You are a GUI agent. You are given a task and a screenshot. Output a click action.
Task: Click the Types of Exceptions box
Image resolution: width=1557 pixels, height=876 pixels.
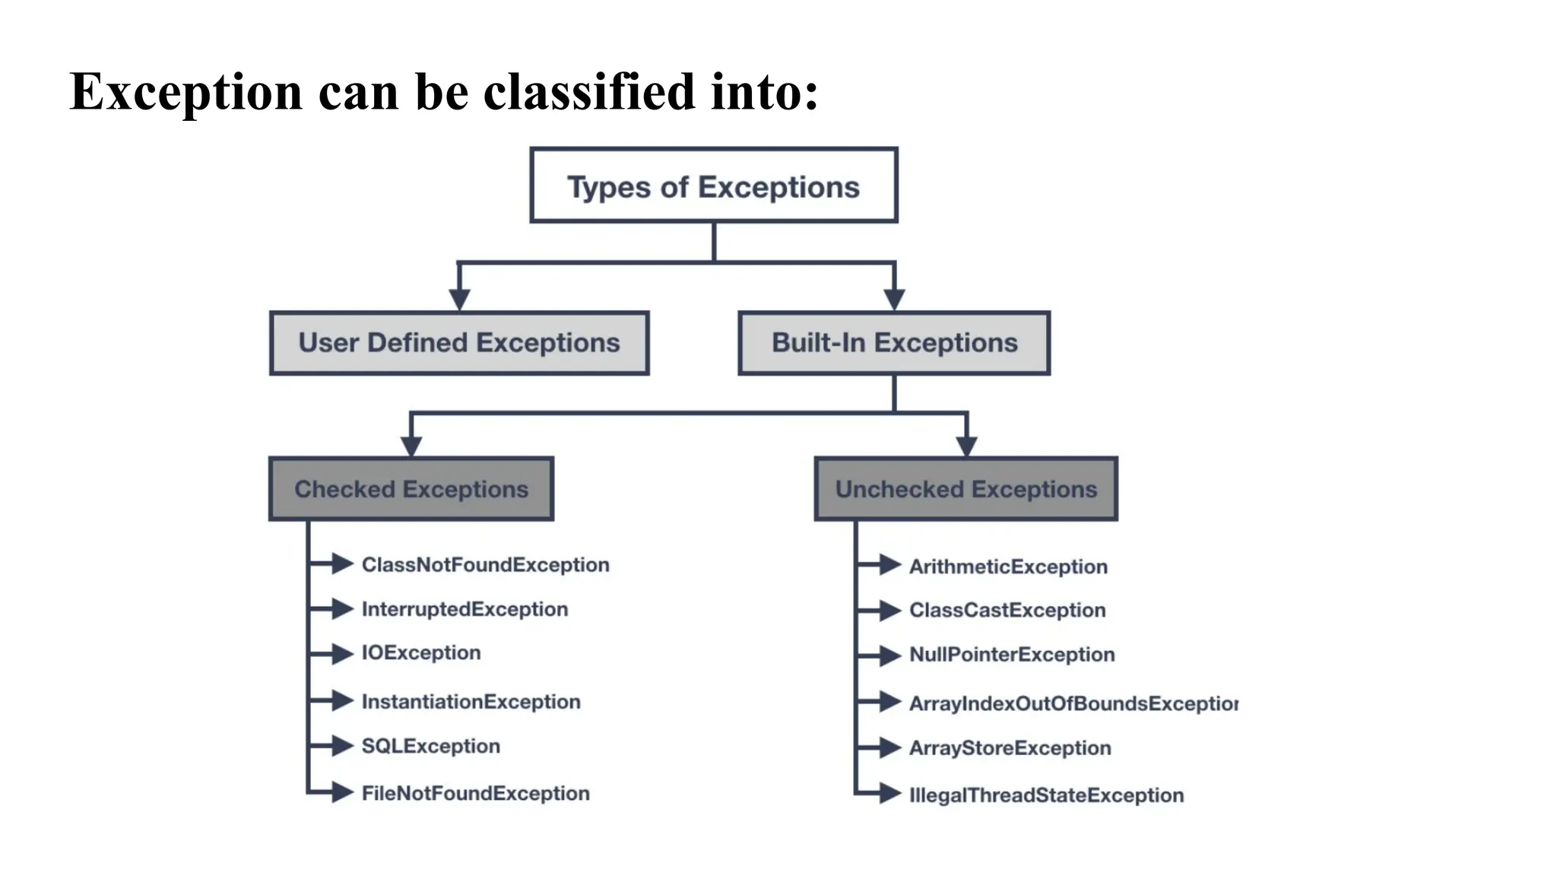pos(713,186)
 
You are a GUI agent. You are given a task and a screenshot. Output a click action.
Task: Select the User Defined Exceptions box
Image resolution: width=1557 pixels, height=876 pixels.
pos(459,343)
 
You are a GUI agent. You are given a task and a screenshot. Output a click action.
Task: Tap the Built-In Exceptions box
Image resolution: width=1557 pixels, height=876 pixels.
pos(894,343)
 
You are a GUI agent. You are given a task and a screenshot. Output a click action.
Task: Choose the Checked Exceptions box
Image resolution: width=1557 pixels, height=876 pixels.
pos(411,489)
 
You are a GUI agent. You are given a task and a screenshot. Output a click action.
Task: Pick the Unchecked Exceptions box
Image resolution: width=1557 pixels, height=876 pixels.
pos(966,489)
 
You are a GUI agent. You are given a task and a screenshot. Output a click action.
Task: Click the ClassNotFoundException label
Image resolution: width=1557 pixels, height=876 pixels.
pos(485,565)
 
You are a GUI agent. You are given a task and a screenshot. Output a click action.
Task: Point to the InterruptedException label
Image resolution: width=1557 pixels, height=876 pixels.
pos(465,609)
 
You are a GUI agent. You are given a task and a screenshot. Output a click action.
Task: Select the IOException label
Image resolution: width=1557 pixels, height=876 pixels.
pos(421,653)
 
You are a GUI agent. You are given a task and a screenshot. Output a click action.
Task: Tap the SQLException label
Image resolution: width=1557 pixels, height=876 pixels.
pos(430,746)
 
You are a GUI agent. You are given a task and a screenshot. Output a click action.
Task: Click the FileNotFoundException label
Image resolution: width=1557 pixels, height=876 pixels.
pos(475,793)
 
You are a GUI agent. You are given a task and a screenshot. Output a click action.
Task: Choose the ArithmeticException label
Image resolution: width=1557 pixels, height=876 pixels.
pos(1008,567)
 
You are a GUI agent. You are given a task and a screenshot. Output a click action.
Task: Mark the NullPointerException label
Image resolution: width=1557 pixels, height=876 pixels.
pos(1012,655)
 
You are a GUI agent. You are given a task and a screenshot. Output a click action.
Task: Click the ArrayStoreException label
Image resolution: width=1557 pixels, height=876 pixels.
pos(1010,748)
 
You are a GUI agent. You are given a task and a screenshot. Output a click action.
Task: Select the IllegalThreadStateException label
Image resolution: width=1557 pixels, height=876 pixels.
pos(1046,795)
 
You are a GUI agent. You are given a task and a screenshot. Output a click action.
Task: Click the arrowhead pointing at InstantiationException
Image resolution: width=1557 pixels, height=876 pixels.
pos(343,700)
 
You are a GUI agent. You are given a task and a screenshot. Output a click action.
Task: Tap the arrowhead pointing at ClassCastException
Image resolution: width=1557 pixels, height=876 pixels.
pos(890,610)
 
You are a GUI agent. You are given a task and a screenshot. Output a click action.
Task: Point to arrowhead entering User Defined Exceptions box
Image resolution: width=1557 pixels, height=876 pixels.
pos(459,300)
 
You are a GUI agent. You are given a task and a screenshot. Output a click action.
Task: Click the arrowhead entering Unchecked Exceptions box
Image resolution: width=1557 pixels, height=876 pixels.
pos(966,446)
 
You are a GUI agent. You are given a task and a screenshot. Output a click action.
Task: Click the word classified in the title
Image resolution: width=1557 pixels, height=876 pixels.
pos(589,92)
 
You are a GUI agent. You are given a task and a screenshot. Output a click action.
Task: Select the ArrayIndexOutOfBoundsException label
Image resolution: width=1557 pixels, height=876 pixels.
pos(1073,703)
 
